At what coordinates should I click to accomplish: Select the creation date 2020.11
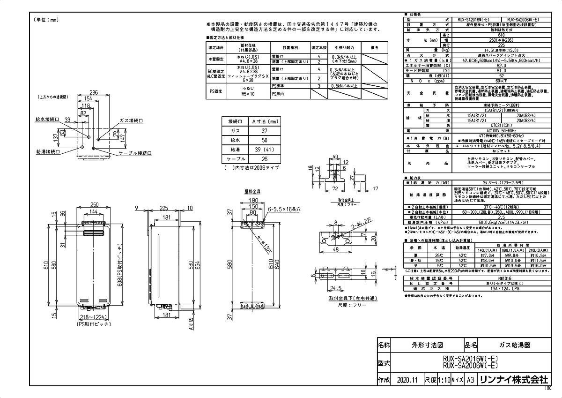407,380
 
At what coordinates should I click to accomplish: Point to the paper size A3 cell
471,380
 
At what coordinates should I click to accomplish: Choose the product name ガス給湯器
512,345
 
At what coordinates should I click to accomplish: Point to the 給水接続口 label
47,120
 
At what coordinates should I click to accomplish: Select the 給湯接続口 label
47,152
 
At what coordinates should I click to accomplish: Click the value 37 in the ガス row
264,131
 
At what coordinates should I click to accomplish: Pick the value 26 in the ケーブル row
264,159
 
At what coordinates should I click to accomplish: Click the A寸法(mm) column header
264,121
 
